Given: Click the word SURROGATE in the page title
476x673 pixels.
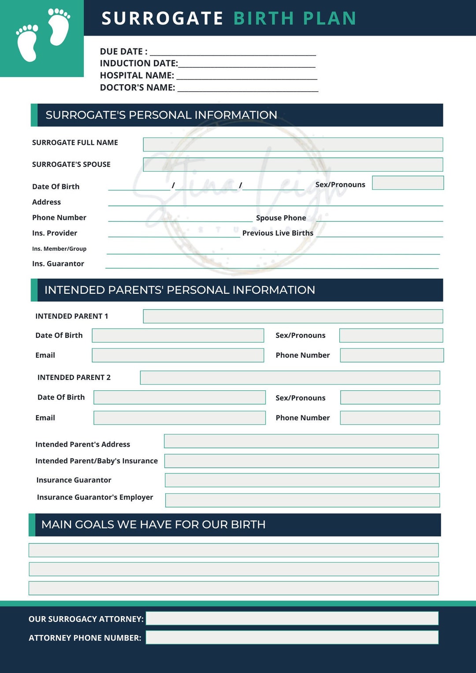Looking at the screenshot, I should coord(162,18).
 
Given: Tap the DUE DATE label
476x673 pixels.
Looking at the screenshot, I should coord(123,52).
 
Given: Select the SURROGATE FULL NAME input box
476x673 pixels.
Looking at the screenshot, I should coord(293,144).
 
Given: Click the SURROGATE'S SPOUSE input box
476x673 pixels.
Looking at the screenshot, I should coord(293,165).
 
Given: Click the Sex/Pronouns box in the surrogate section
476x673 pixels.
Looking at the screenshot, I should coord(408,183).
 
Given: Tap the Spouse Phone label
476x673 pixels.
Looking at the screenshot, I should coord(281,218).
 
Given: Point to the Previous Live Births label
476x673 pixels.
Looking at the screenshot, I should coord(278,233).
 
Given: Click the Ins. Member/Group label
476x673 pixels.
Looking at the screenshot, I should coord(59,249).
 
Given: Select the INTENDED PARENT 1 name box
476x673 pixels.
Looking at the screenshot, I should coord(293,316).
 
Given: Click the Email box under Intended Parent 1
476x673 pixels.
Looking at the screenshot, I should coord(178,355).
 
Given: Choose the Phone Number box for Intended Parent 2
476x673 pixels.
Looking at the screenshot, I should coord(390,418).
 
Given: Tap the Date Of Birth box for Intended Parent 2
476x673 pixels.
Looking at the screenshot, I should coord(179,397).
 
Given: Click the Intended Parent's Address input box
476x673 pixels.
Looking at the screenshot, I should coord(301,441).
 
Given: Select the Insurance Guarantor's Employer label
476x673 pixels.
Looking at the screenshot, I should coord(95,497).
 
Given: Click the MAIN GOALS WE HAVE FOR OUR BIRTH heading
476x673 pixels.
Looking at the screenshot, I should coord(153,525).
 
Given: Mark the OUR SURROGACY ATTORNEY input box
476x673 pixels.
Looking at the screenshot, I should coord(292,618).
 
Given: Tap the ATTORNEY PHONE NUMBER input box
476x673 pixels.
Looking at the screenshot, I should coord(292,637).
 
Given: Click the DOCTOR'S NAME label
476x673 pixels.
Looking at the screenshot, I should coord(138,88).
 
